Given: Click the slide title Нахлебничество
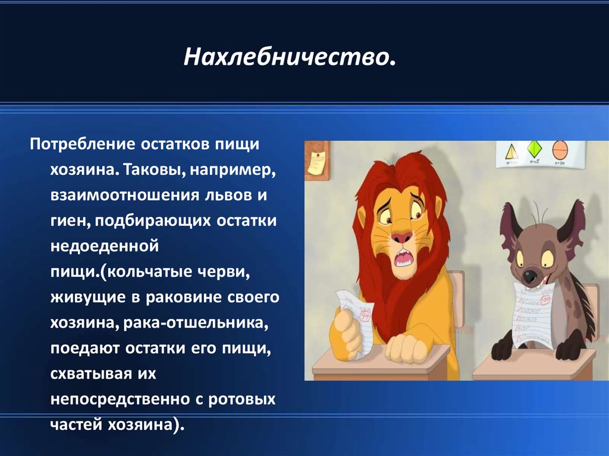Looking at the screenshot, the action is pos(290,56).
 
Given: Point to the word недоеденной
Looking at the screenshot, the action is pos(105,246).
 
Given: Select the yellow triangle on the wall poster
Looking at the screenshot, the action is pos(511,152).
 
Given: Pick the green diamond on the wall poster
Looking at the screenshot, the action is pos(535,150).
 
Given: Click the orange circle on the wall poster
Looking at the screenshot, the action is pos(560,150).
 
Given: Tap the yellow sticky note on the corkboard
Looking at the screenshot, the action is pos(316,162).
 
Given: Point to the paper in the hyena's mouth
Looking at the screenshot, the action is pos(533,315).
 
